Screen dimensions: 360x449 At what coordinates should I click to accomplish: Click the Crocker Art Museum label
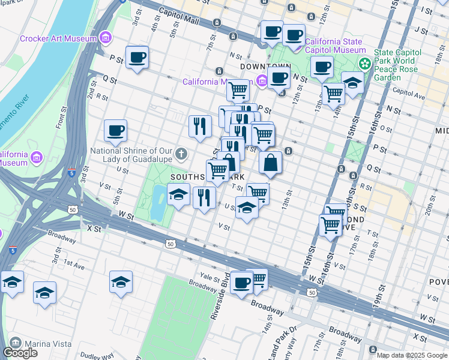point(58,38)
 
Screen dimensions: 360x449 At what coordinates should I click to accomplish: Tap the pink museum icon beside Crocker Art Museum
point(106,38)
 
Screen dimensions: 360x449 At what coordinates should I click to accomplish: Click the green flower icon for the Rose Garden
point(364,62)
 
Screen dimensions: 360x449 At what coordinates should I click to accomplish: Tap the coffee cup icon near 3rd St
point(137,58)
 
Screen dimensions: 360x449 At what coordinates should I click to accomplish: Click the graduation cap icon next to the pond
point(178,196)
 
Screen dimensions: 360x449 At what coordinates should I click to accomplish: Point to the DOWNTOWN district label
point(265,66)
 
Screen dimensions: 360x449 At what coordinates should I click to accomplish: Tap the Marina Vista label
point(47,344)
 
